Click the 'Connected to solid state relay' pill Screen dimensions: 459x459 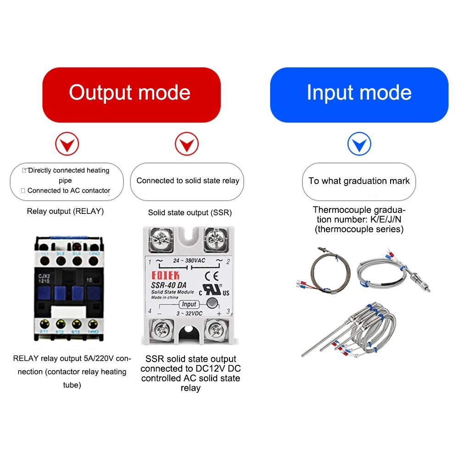click(188, 181)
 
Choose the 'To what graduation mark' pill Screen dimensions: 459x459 click(359, 181)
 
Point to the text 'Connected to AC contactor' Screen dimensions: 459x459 click(69, 190)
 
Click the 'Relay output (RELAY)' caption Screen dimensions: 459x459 click(65, 212)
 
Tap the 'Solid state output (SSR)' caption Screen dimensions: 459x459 click(190, 213)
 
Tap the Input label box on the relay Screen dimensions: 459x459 click(189, 304)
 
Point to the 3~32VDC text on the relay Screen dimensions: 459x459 click(189, 314)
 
